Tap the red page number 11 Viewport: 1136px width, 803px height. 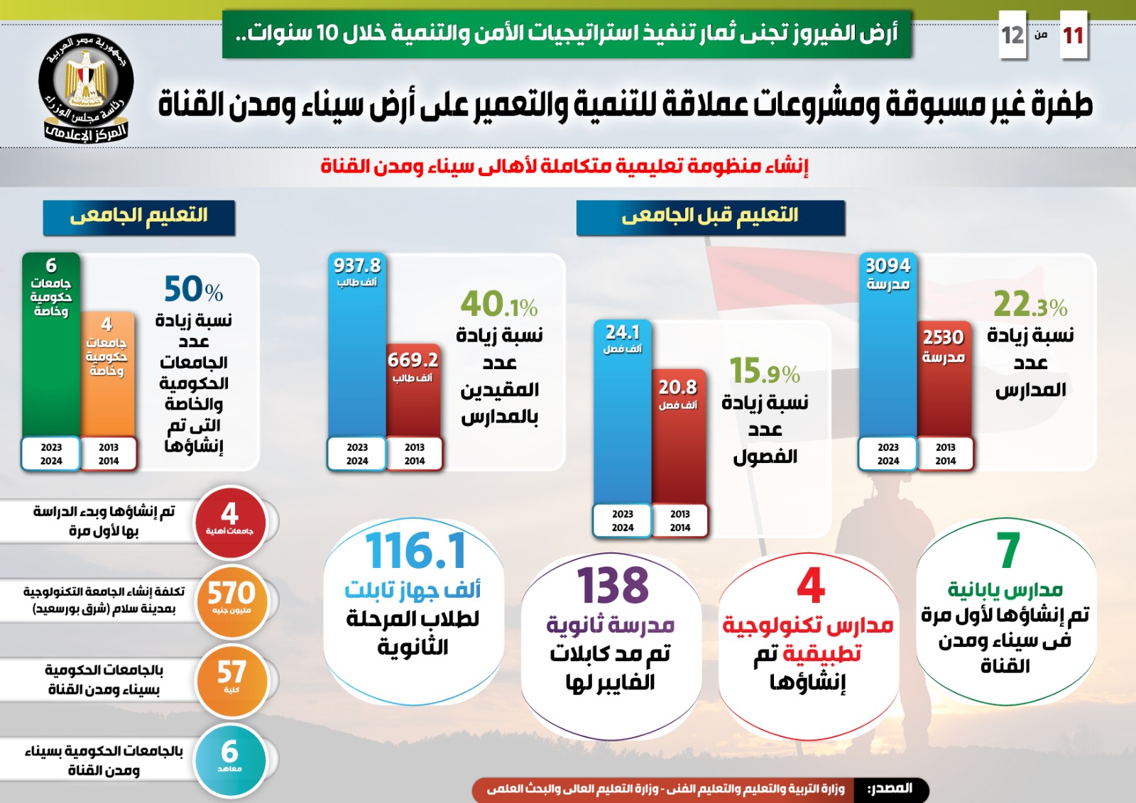[1073, 35]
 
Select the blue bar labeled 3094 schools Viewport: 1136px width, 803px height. [887, 355]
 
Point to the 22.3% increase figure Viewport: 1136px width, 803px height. [1029, 305]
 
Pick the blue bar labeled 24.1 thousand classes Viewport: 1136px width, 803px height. [622, 419]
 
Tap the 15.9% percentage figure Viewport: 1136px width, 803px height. [764, 371]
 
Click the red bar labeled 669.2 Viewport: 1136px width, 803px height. [413, 398]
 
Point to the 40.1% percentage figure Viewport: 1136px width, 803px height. [498, 305]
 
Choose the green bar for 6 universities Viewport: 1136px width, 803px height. [51, 355]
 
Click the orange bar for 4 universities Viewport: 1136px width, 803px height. [107, 383]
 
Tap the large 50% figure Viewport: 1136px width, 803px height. [193, 289]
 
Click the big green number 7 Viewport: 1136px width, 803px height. [1008, 551]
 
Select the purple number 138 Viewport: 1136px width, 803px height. [613, 586]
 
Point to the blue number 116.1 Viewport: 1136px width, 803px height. [416, 551]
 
